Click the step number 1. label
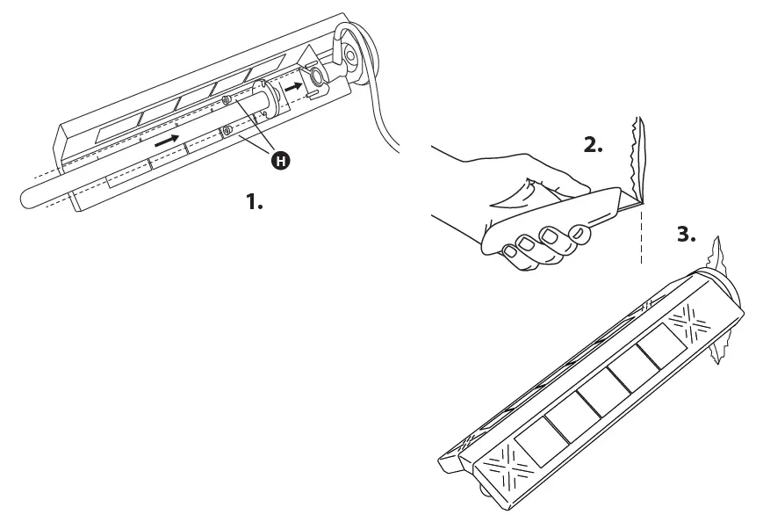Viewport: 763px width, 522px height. point(254,202)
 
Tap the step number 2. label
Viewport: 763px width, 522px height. point(594,146)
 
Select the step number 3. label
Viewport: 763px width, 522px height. point(687,235)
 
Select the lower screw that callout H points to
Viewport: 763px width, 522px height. point(227,132)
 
